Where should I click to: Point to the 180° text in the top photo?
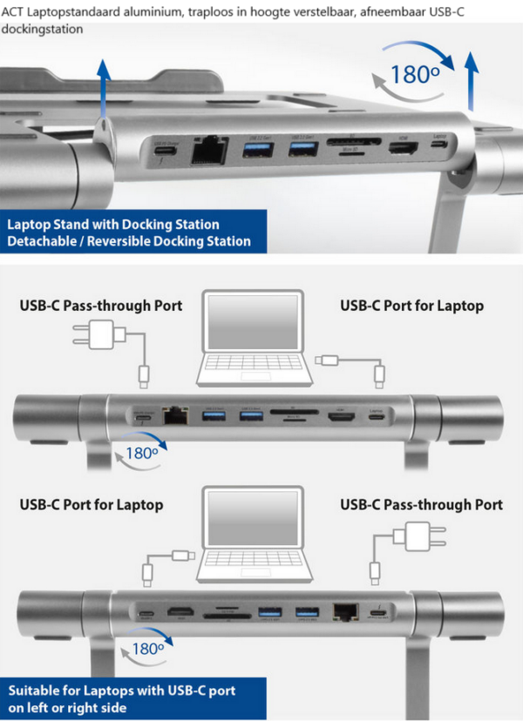coord(414,74)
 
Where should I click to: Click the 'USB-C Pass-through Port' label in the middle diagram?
coord(101,306)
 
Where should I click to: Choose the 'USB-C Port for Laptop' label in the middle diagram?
coord(411,306)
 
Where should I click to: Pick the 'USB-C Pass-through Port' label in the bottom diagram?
coord(421,504)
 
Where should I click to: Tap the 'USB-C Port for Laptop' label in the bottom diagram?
coord(91,504)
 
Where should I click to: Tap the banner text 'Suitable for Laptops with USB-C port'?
coord(122,691)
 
